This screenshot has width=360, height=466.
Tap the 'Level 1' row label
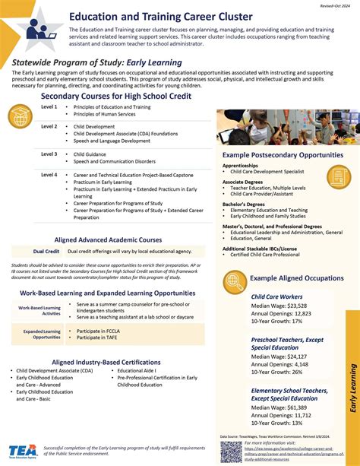[x=49, y=107]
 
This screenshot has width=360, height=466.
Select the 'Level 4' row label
[x=49, y=175]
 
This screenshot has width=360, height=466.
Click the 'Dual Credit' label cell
[x=47, y=251]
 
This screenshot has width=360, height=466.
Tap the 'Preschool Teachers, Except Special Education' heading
[x=288, y=344]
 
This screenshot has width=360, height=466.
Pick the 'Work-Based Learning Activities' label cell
[x=41, y=310]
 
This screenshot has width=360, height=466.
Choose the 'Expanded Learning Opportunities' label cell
[x=41, y=334]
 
